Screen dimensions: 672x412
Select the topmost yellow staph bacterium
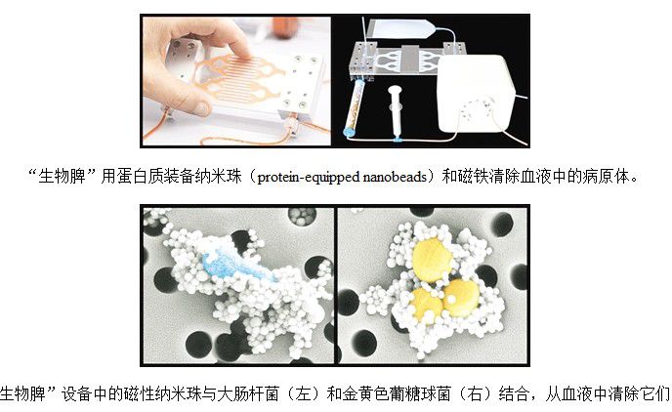click(431, 260)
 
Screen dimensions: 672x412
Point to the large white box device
click(476, 94)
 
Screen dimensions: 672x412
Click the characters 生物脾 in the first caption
click(63, 177)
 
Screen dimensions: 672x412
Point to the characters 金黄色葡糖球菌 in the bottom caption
click(397, 393)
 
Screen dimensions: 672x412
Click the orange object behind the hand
click(285, 26)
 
